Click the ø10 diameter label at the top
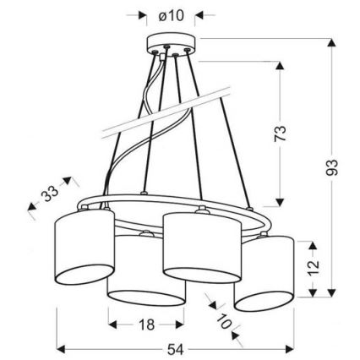[x=172, y=15]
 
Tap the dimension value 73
[x=282, y=133]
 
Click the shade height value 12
[x=314, y=268]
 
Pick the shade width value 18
[x=146, y=325]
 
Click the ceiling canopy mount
[x=172, y=42]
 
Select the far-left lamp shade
[x=82, y=243]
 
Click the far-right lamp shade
[x=264, y=270]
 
